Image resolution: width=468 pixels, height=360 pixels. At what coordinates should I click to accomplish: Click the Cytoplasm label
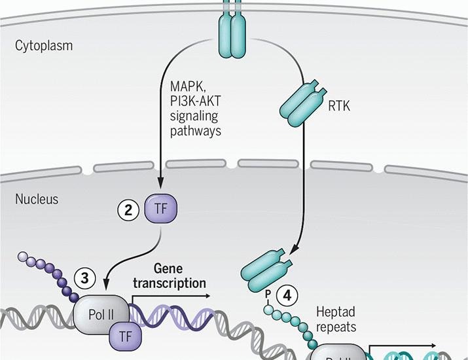(44, 46)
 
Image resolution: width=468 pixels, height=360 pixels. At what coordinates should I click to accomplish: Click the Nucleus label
(37, 199)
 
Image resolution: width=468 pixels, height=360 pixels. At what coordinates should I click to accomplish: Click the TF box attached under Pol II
(126, 336)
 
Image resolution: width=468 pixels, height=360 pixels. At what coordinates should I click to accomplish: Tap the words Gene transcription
(170, 276)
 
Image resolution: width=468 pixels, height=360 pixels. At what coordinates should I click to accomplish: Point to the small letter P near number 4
(268, 293)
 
